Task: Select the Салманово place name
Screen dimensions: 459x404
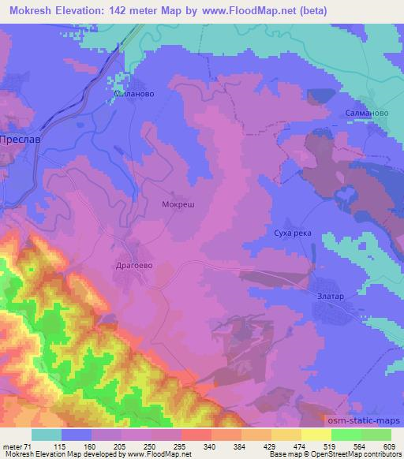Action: coord(366,114)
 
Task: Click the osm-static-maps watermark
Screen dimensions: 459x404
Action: coord(362,421)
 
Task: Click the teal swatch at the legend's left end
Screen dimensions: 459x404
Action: coord(46,435)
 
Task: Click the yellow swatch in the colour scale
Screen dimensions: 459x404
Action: coord(316,435)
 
